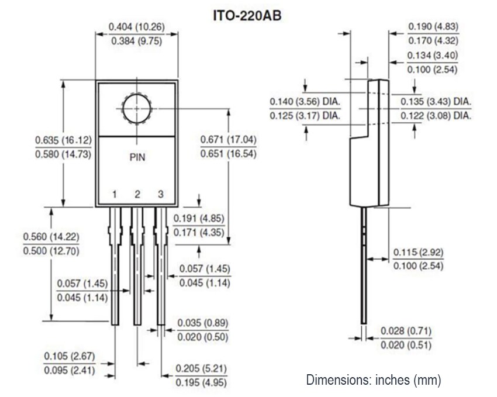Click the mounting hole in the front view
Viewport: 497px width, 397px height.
pyautogui.click(x=137, y=108)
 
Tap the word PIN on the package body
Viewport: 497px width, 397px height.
pyautogui.click(x=137, y=157)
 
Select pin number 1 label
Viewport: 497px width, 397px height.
pyautogui.click(x=115, y=194)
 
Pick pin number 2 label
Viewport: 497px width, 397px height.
pyautogui.click(x=137, y=194)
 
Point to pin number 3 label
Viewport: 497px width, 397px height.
pyautogui.click(x=160, y=194)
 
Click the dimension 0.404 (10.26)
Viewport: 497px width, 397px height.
pyautogui.click(x=137, y=27)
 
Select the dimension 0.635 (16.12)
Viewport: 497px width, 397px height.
pyautogui.click(x=63, y=140)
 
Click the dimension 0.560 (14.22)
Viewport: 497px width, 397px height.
pyautogui.click(x=51, y=237)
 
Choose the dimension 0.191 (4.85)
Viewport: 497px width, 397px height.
pyautogui.click(x=202, y=218)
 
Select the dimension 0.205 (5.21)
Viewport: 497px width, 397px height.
pyautogui.click(x=202, y=369)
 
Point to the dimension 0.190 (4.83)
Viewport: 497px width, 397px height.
pyautogui.click(x=433, y=26)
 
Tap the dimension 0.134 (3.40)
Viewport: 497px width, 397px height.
pyautogui.click(x=433, y=56)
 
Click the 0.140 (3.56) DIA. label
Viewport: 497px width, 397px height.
pyautogui.click(x=305, y=101)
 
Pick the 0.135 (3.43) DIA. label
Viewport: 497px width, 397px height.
pyautogui.click(x=436, y=101)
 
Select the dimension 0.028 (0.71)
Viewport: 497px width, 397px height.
pyautogui.click(x=406, y=331)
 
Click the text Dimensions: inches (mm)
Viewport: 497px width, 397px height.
pyautogui.click(x=374, y=380)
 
